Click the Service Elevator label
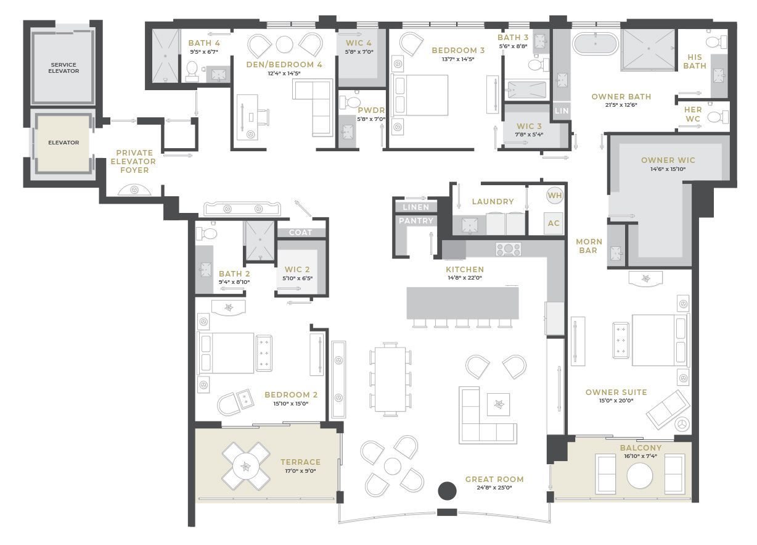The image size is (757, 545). click(63, 68)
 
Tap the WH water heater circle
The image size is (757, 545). click(555, 195)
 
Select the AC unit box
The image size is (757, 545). click(554, 223)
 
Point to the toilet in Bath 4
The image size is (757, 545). click(192, 71)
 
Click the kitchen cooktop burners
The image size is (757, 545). click(508, 249)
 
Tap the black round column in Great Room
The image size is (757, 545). click(447, 491)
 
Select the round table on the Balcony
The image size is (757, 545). click(639, 475)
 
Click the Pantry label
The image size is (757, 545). click(416, 221)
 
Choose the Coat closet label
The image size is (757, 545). click(300, 233)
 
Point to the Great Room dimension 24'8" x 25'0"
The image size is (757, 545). click(494, 488)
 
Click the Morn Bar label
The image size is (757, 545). click(589, 246)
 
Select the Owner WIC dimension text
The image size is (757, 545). click(668, 169)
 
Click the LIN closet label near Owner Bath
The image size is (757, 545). click(562, 110)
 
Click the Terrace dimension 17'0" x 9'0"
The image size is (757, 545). click(300, 470)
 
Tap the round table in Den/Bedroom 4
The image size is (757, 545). click(284, 44)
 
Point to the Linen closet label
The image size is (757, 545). click(415, 207)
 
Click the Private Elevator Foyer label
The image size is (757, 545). click(134, 161)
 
